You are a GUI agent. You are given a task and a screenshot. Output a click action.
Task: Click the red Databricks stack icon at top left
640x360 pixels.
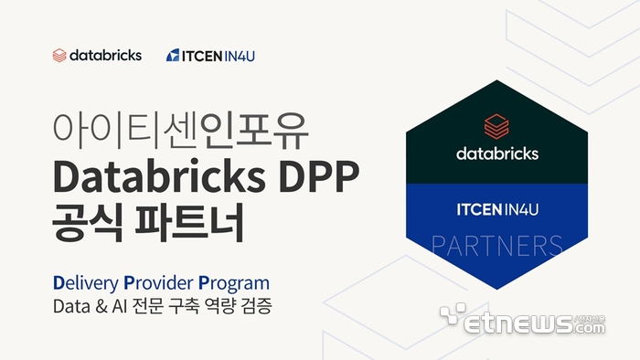click(x=59, y=56)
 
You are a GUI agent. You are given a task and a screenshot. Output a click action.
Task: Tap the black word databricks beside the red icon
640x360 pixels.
click(x=106, y=55)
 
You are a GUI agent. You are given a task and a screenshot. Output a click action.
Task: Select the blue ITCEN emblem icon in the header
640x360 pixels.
click(x=173, y=55)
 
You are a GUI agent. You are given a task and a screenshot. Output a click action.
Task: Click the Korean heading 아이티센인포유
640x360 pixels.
click(x=180, y=130)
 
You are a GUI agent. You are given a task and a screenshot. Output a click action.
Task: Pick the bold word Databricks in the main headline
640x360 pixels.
click(x=159, y=177)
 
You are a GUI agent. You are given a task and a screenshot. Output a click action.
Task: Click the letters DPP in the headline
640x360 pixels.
click(x=319, y=178)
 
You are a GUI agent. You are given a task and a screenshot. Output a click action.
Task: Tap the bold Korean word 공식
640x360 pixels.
click(x=88, y=223)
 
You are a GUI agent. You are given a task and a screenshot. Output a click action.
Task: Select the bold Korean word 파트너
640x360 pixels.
click(x=189, y=223)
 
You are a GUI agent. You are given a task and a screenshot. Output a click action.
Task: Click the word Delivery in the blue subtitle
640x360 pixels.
click(x=86, y=283)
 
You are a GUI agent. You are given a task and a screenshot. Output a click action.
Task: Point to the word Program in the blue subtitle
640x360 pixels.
click(x=234, y=283)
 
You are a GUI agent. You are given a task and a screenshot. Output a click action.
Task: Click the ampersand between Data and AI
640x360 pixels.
click(x=101, y=306)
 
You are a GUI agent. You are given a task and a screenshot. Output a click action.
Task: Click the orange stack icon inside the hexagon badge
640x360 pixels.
click(x=496, y=127)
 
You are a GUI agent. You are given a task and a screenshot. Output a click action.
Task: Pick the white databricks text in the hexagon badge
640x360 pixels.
click(x=497, y=154)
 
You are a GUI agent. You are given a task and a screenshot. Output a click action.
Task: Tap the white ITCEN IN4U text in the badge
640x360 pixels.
click(x=497, y=209)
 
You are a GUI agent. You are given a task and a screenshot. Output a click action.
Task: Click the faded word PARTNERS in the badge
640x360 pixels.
click(x=496, y=246)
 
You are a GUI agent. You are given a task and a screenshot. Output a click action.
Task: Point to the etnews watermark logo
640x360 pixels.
click(x=522, y=319)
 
